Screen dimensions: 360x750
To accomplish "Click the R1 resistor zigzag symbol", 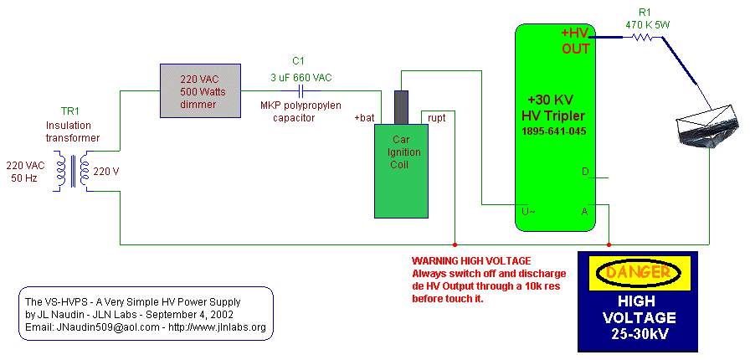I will tap(641, 37).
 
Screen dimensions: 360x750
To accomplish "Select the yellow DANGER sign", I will tap(637, 272).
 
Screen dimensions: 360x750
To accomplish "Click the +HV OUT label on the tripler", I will tap(575, 41).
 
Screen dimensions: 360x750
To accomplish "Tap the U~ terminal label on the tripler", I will tap(529, 211).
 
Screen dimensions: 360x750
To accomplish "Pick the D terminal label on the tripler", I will tap(585, 172).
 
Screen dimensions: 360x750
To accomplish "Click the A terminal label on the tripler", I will tap(584, 211).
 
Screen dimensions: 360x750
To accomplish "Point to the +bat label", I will tap(363, 117).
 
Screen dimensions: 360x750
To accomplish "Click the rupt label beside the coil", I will tap(436, 117).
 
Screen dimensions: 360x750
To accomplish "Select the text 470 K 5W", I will tap(647, 25).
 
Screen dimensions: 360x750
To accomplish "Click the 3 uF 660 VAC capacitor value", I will tap(301, 78).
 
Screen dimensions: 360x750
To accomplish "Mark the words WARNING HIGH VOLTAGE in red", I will tap(471, 261).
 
